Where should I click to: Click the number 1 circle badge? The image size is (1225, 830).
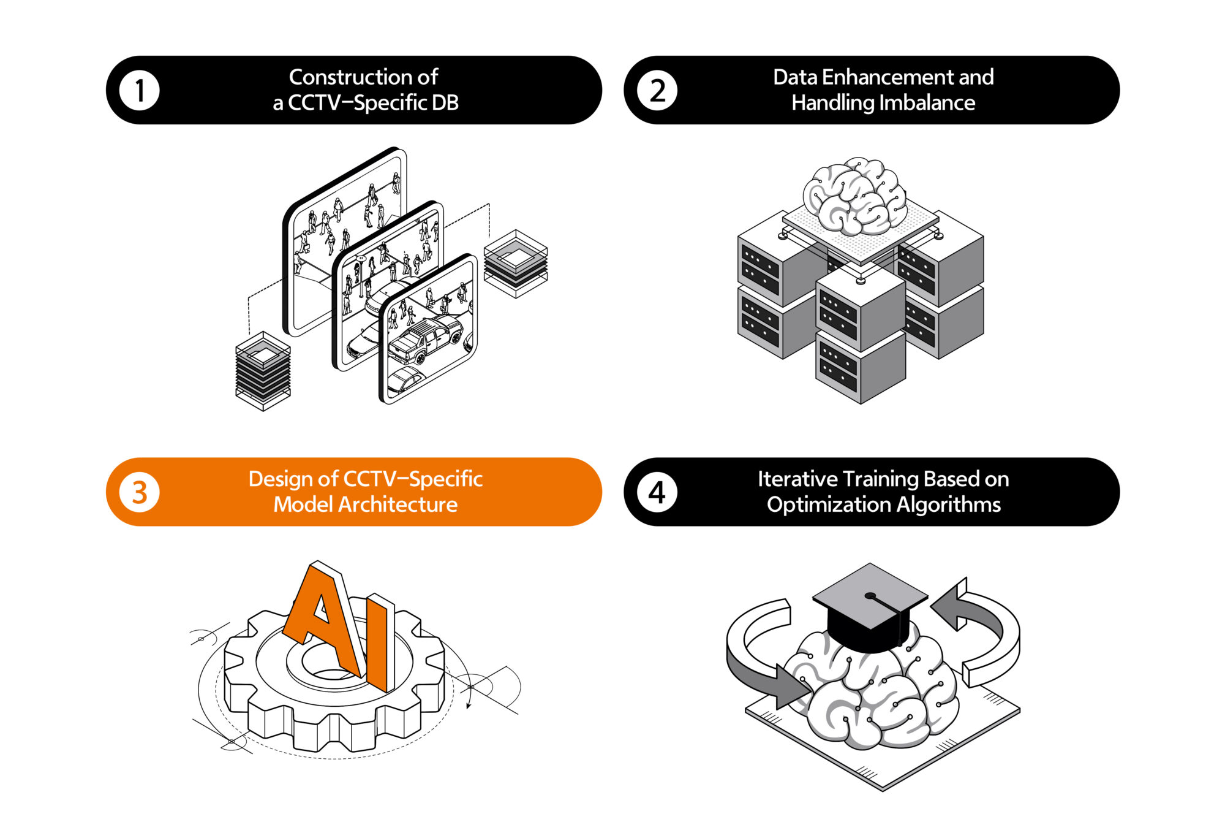(x=140, y=91)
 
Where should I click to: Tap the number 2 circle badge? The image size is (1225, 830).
(x=657, y=91)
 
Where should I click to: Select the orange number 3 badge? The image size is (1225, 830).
(x=140, y=492)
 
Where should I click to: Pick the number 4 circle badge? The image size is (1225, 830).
(x=657, y=492)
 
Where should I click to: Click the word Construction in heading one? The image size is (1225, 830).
(x=344, y=77)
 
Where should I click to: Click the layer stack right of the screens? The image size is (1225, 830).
(x=516, y=264)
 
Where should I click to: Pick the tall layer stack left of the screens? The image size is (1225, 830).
(x=263, y=371)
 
